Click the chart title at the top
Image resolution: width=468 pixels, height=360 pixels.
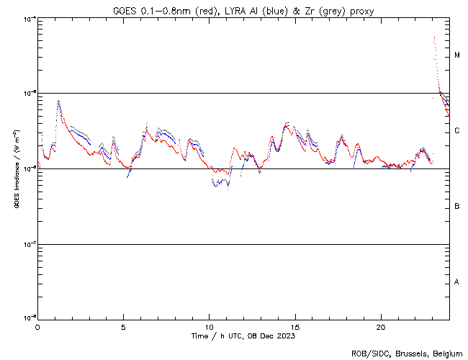point(243,10)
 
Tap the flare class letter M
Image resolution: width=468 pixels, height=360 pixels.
point(457,55)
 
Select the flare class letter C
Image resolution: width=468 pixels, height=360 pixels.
point(457,131)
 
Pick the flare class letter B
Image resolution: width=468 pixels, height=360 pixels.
point(457,207)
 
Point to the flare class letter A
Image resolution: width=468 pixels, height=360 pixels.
point(457,282)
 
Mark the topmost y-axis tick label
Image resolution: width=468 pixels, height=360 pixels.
point(29,19)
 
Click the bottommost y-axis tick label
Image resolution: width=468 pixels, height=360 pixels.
point(29,318)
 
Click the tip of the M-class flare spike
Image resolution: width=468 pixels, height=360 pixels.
point(434,36)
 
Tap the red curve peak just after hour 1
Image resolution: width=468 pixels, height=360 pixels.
point(58,102)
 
